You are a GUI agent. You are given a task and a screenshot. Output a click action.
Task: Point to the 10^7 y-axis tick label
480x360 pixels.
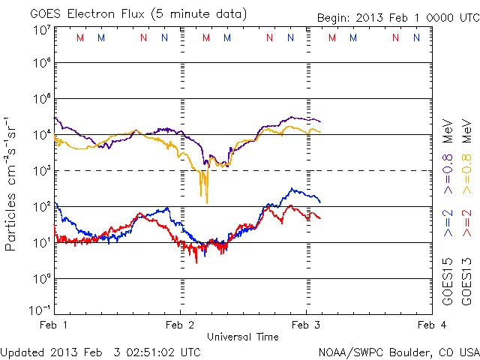coord(41,30)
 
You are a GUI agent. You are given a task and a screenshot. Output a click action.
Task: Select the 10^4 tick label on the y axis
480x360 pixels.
coord(41,135)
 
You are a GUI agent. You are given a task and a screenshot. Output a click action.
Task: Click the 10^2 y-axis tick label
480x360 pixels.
coord(41,206)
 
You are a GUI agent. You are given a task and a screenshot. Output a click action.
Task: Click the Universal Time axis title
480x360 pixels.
coord(243,337)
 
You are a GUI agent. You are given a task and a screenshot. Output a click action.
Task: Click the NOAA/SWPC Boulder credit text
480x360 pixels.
coord(398,351)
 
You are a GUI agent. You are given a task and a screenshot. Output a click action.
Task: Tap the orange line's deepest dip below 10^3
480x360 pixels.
coord(207,202)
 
